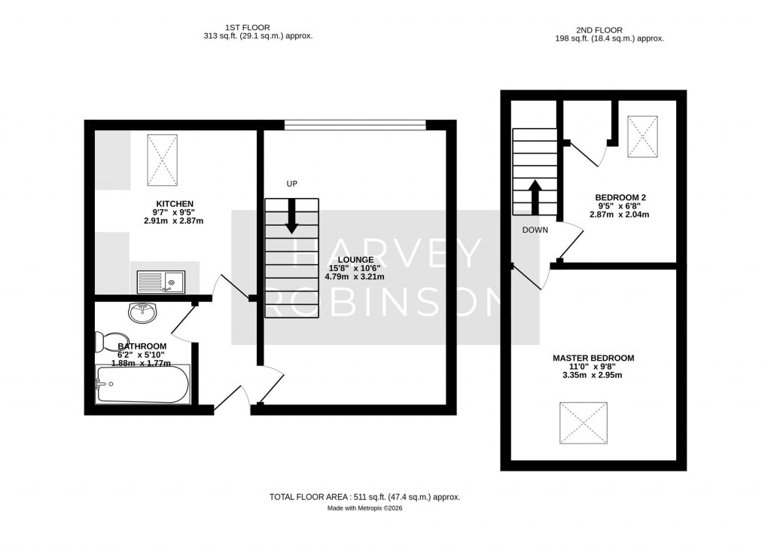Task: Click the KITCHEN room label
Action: (x=175, y=203)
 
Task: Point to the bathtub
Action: (x=142, y=385)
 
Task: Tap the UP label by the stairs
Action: (x=292, y=184)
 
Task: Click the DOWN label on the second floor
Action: (x=535, y=230)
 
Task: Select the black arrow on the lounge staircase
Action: (x=292, y=215)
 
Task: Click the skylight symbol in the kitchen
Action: (x=163, y=159)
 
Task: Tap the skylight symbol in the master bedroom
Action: (x=583, y=424)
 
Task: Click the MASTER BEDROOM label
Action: (x=593, y=358)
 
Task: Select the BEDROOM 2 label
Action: (x=617, y=197)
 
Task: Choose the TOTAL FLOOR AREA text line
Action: (x=364, y=497)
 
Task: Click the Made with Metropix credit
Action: (x=364, y=509)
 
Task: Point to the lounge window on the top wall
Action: (x=355, y=125)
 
